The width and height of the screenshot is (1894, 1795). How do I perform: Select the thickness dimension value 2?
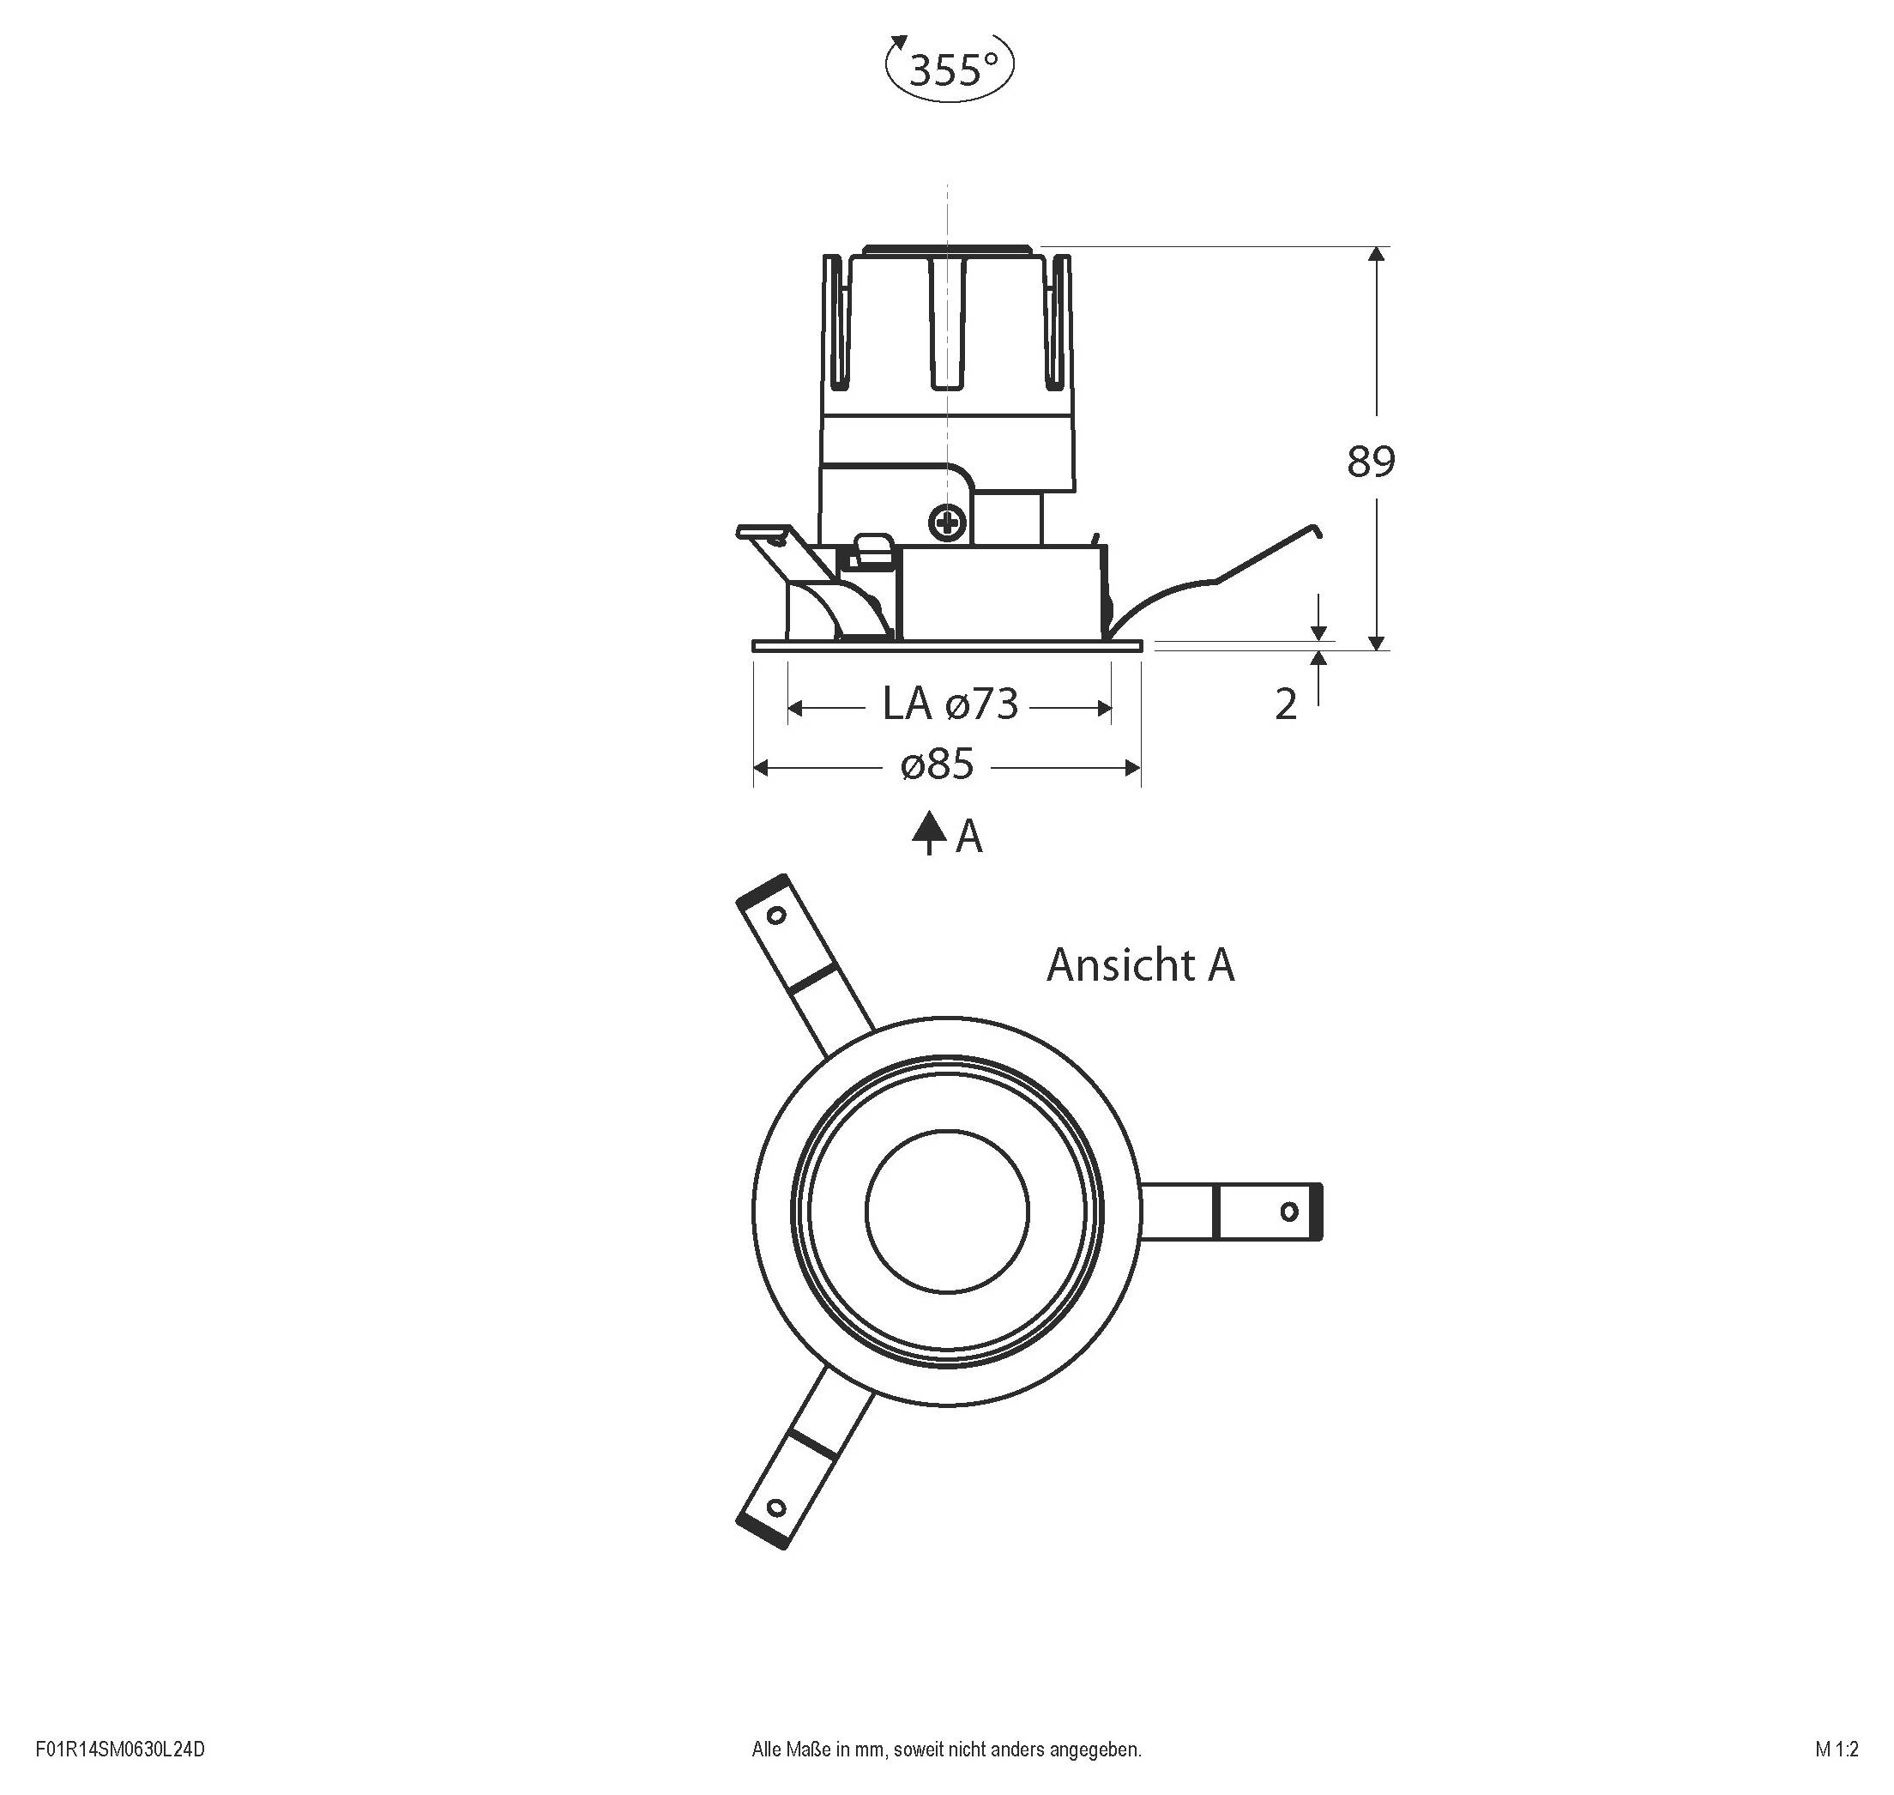1287,705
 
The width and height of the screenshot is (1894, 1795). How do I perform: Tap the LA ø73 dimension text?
950,705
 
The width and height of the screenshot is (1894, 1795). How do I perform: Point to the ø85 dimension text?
938,765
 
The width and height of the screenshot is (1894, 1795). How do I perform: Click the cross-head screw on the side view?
948,523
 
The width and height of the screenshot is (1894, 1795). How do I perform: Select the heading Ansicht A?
1140,965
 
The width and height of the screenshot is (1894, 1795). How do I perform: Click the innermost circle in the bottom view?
947,1212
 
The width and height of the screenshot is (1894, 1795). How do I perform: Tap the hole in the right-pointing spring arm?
1288,1212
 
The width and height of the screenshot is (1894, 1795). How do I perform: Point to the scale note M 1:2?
1837,1749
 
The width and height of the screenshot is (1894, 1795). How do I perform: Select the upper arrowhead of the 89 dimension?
1377,255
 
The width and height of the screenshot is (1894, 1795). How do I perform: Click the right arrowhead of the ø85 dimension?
1132,767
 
